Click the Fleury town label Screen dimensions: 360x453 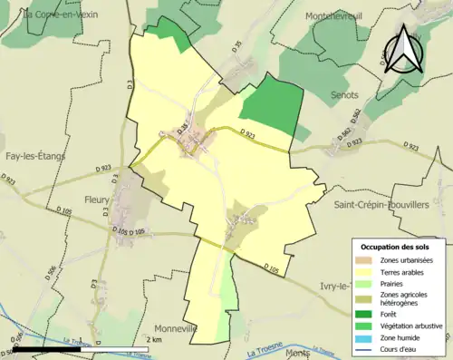[x=96, y=199]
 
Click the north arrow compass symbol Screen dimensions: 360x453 [x=404, y=49]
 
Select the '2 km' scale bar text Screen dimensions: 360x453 [x=154, y=339]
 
